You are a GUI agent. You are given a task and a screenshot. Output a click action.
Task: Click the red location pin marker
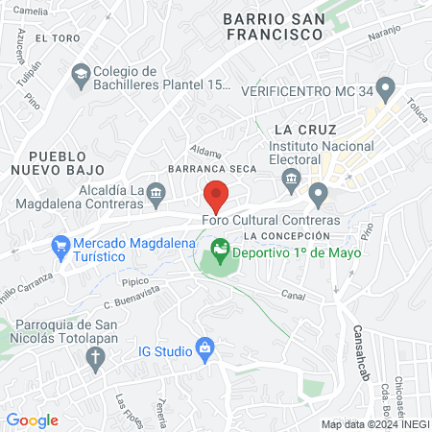[x=216, y=197]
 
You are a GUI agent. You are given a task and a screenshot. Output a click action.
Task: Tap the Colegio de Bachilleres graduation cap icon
[x=82, y=73]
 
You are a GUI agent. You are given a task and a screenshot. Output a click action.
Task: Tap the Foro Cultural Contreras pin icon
[x=318, y=195]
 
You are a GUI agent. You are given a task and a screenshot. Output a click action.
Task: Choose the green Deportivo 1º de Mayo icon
[x=221, y=252]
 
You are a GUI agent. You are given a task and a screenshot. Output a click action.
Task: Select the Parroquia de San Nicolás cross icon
[x=95, y=358]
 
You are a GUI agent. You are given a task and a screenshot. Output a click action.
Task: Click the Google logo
[x=33, y=420]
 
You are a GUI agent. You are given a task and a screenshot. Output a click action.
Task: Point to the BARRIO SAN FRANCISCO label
[x=272, y=26]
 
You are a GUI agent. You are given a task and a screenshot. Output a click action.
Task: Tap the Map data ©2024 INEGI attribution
[x=374, y=424]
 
